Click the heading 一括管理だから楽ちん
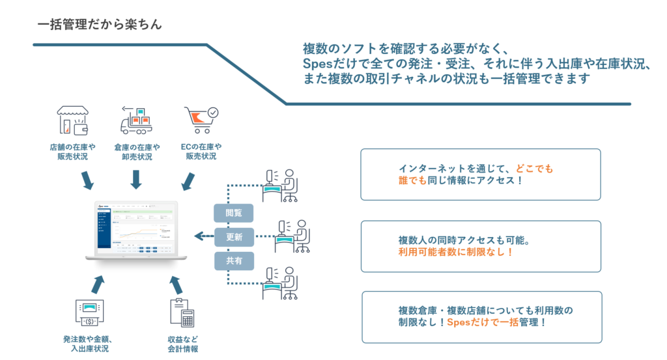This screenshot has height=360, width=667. coord(99,25)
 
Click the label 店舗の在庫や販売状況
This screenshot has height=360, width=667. coord(73,152)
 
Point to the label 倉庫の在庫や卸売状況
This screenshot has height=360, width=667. coord(136,152)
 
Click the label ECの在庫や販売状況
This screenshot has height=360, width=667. coord(201,152)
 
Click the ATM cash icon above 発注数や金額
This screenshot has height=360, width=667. coord(89,312)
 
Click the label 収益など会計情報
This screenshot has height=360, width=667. coord(182,344)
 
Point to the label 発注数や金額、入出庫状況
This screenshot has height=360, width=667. coord(89,344)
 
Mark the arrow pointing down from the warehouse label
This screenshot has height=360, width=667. coord(136,179)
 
